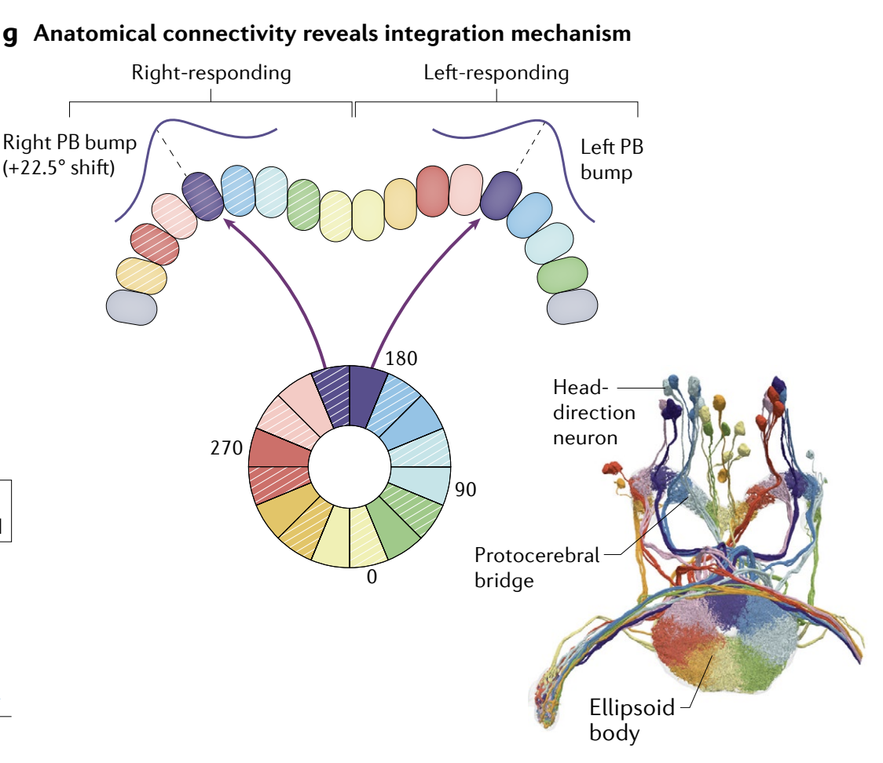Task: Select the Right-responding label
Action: pos(211,74)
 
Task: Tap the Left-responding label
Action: pos(496,74)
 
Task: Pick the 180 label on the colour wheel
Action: pos(401,359)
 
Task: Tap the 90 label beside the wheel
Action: pos(466,490)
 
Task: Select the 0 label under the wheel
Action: pos(372,577)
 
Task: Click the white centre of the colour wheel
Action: pos(349,467)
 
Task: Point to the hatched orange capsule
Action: pos(141,274)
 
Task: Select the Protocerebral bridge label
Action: pos(537,568)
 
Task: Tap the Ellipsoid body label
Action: pos(632,721)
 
